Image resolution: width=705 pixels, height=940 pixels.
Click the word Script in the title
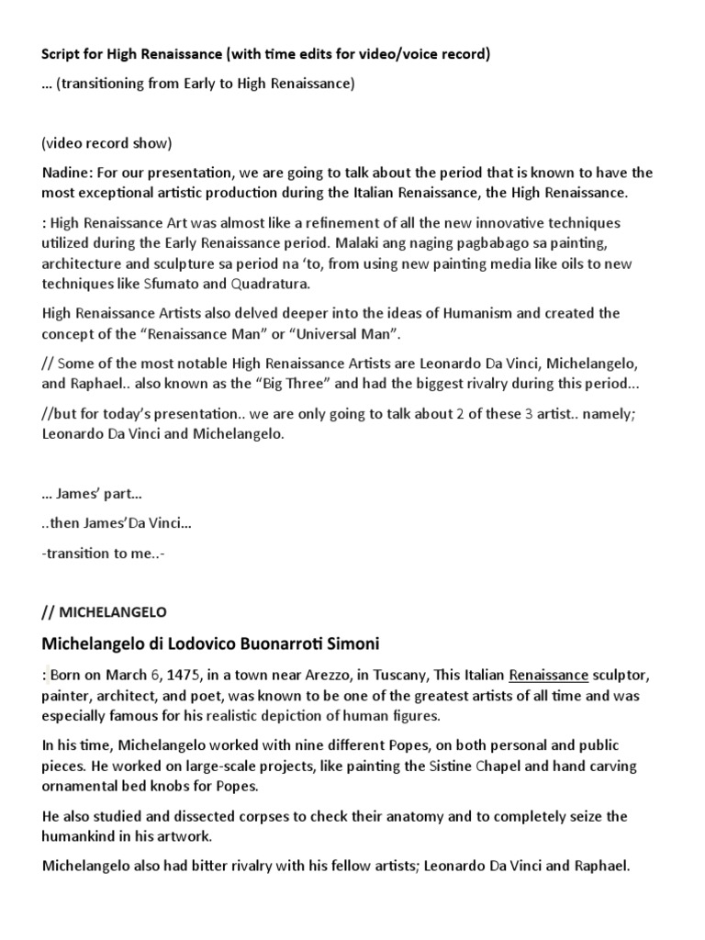coord(62,55)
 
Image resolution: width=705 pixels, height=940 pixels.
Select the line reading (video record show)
coord(106,144)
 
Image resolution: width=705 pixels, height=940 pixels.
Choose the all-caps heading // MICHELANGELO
coord(105,610)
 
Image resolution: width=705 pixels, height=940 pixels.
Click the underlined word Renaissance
coord(549,676)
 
